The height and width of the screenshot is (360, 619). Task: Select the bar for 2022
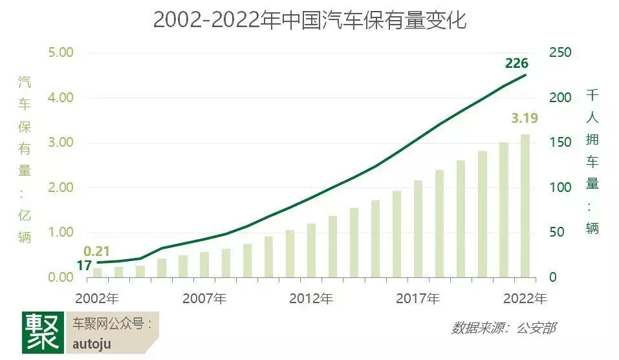(525, 206)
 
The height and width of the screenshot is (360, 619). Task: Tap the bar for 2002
(97, 272)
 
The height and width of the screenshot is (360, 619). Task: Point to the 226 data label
(517, 63)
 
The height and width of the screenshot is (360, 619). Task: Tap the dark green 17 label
(84, 265)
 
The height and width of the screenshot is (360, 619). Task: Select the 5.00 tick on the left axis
(62, 52)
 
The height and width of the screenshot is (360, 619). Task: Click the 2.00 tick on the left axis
(62, 187)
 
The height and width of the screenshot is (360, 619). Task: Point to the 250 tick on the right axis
(560, 52)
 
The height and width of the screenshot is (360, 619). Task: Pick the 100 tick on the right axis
(560, 187)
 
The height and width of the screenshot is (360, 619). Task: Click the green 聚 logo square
(43, 332)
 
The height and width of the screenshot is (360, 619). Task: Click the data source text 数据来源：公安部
(503, 328)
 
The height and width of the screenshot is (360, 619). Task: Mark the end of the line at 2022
(525, 75)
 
